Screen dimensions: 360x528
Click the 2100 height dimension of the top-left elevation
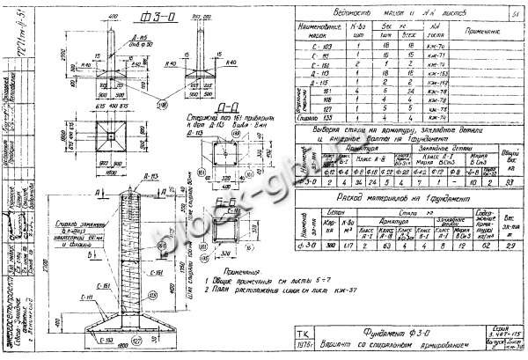pyautogui.click(x=69, y=62)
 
